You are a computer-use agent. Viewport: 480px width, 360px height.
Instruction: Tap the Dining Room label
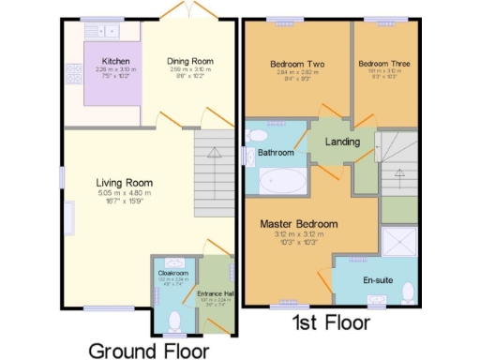(x=190, y=61)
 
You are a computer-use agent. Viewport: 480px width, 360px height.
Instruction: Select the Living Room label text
(x=124, y=183)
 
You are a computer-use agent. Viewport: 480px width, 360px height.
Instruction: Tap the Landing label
(x=342, y=142)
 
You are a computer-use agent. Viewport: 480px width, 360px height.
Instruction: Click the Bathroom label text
(x=276, y=152)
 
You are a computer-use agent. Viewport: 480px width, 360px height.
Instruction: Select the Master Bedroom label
(x=300, y=224)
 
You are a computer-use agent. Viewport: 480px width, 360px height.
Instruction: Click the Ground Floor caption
(x=148, y=351)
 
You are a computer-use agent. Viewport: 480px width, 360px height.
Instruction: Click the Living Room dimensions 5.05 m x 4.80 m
(x=124, y=194)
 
